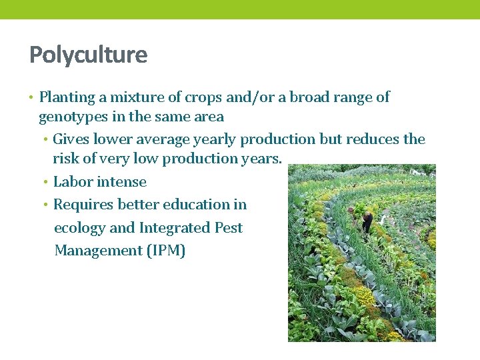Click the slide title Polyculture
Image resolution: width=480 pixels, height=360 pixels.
[x=88, y=55]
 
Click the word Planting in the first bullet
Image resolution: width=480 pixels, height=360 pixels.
[x=67, y=97]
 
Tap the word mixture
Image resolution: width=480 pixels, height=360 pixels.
[x=137, y=97]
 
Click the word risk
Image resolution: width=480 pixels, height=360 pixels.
[x=65, y=159]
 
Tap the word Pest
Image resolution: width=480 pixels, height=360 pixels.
[x=229, y=228]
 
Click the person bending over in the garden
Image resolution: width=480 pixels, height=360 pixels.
[x=367, y=222]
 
